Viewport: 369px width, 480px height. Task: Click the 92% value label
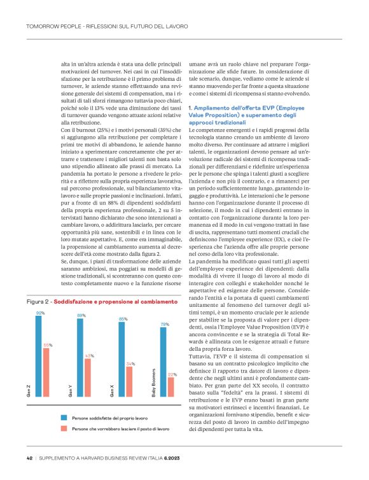point(40,313)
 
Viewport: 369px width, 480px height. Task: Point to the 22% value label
point(172,374)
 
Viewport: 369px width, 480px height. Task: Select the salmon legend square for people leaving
point(64,429)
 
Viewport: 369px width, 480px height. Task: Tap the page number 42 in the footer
point(29,458)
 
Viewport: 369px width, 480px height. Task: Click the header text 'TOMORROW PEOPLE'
point(50,26)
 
